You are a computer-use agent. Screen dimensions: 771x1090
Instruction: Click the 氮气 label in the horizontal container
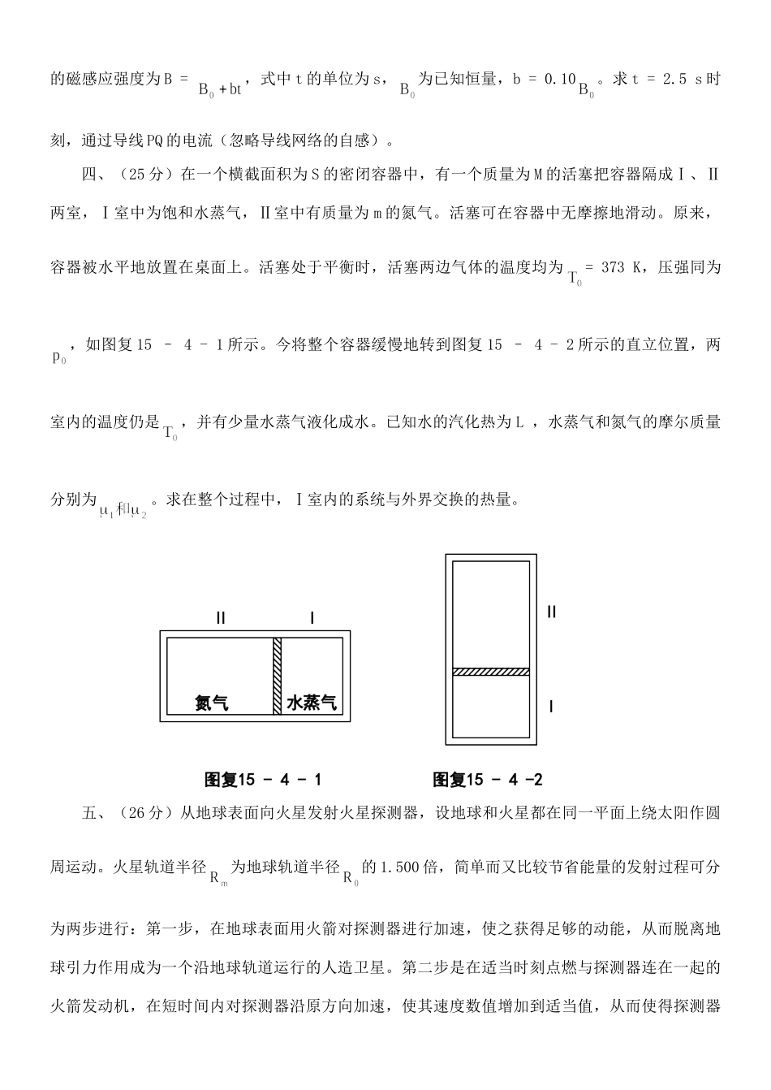click(x=211, y=703)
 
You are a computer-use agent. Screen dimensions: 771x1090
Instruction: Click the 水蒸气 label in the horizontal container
click(x=312, y=703)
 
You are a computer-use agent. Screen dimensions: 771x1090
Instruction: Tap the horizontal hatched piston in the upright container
click(x=490, y=672)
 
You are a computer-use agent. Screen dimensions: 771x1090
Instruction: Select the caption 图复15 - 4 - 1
click(x=263, y=780)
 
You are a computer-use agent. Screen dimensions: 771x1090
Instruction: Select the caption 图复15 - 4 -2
click(x=488, y=780)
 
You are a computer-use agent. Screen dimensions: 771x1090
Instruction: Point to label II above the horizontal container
click(x=221, y=619)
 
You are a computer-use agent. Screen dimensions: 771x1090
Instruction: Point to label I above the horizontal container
click(x=312, y=619)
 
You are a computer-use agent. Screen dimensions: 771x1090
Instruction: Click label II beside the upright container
click(x=552, y=612)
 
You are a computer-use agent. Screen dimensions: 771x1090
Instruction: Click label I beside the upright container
click(x=552, y=707)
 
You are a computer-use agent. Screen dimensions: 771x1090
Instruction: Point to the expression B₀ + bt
click(x=220, y=89)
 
